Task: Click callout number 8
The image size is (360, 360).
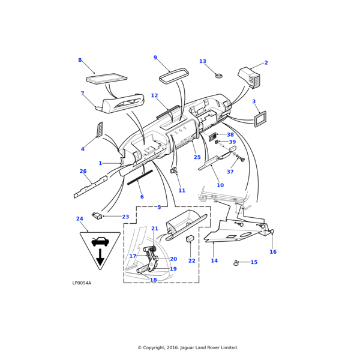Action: pos(80,60)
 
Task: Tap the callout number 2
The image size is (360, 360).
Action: pos(266,63)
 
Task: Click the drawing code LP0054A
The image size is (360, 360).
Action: pos(82,283)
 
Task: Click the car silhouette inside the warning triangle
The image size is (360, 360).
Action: pos(100,242)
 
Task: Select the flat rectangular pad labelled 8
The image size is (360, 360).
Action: pos(107,78)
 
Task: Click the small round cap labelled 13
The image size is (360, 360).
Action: pos(220,76)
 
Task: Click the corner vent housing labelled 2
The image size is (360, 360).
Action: pos(250,77)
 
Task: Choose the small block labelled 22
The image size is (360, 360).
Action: pos(190,239)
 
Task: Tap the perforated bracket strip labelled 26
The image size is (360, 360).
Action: pos(90,187)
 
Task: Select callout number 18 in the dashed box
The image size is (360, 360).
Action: pos(153,280)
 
